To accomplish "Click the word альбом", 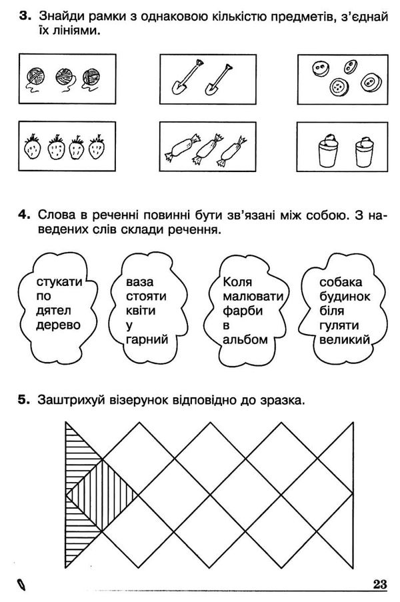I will point(246,339).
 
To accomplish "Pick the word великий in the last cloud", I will point(344,339).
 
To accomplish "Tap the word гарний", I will point(145,339).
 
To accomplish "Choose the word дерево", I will point(59,325).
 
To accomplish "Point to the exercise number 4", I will point(23,216).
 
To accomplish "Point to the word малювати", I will point(254,296).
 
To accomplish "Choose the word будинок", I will point(344,296).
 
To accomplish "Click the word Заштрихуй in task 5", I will point(72,400).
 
